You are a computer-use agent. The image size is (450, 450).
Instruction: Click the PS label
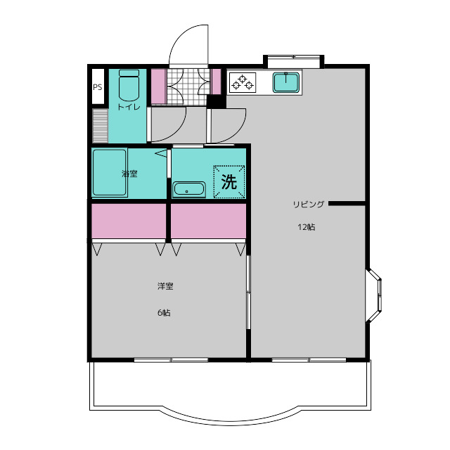point(97,87)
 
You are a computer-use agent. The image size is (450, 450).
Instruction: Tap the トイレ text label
point(129,107)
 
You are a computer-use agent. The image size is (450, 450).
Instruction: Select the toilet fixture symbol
point(129,85)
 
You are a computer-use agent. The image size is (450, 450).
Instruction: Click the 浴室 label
point(129,174)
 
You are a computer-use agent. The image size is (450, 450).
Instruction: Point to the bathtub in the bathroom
point(110,172)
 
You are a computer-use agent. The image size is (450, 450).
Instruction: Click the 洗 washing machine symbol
point(229,181)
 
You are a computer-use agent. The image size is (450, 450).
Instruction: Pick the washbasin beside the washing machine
point(189,189)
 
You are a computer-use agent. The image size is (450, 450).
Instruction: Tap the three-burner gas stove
point(243,82)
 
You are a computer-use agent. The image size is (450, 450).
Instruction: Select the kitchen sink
point(286,82)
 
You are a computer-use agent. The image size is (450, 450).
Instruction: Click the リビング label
point(308,204)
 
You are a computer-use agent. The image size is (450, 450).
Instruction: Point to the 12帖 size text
point(307,227)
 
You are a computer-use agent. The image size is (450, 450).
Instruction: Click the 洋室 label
point(165,286)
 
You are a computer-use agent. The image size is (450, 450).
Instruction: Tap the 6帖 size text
point(164,312)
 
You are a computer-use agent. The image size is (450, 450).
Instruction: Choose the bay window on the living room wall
point(374,295)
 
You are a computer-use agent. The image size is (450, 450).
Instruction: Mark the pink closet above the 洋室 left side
point(129,221)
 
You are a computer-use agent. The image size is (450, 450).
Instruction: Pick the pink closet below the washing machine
point(208,221)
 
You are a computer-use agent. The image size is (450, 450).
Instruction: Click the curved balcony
point(230,393)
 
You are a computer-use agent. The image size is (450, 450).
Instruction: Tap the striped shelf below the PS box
point(100,125)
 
